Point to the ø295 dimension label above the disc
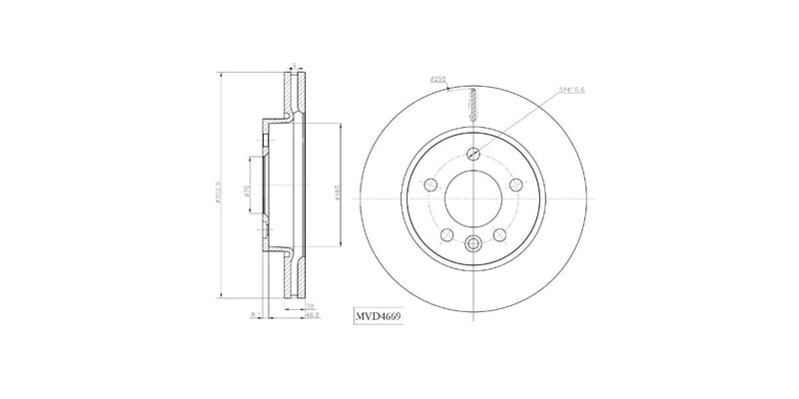coord(436,78)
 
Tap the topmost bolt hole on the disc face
coord(474,155)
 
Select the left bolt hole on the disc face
coord(431,186)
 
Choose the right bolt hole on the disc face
coord(516,186)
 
